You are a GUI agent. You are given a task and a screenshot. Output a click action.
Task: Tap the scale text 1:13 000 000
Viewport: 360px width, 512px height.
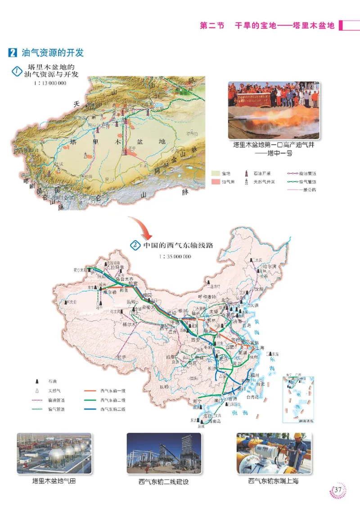(x=50, y=83)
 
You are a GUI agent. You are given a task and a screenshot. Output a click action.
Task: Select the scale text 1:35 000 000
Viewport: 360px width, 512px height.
(x=175, y=256)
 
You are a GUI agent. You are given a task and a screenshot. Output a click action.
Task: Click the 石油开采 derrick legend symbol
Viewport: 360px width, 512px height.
(x=246, y=173)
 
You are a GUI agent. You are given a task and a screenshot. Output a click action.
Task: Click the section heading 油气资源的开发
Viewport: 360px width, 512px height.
(x=53, y=53)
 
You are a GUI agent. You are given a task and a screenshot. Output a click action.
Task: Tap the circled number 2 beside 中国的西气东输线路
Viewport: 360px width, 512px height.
(x=135, y=246)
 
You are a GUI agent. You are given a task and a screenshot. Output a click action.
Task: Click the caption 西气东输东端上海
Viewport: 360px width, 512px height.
(x=273, y=481)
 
